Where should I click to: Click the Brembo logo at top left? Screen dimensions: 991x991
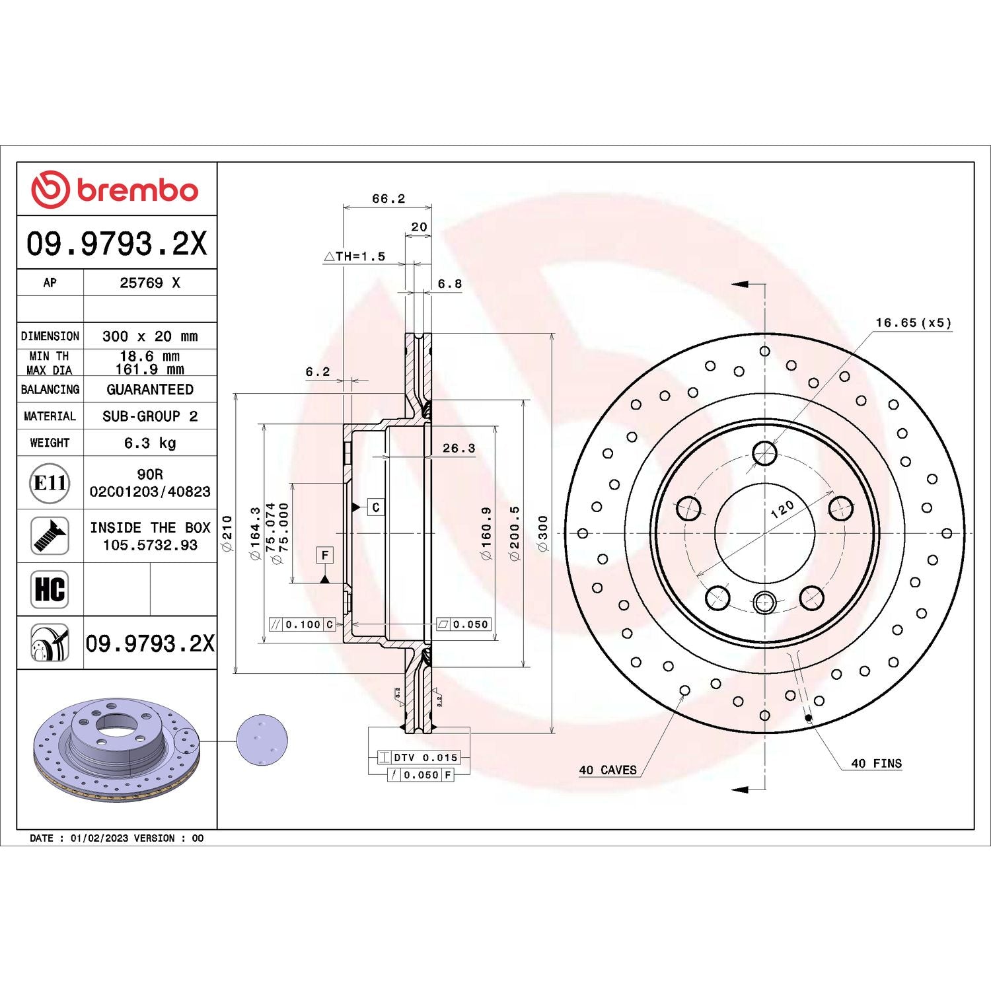[115, 190]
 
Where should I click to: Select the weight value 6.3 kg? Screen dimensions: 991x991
[150, 443]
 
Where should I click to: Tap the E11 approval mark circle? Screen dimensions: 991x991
[50, 483]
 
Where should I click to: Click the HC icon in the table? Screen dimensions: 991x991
[50, 589]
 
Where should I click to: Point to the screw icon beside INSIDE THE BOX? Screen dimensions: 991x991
[50, 536]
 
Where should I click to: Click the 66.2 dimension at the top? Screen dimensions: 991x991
[388, 198]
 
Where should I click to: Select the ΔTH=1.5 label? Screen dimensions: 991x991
[355, 256]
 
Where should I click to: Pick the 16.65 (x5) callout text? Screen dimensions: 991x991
[913, 322]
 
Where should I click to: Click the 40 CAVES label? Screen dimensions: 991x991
[608, 770]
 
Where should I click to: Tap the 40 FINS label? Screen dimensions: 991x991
[876, 763]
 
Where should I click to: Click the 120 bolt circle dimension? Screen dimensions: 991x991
[782, 509]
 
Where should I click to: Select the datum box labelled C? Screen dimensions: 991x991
[375, 507]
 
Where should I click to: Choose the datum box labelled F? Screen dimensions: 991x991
[324, 555]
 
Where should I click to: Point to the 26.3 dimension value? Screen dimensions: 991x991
[459, 448]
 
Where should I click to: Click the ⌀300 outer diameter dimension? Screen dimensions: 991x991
[542, 534]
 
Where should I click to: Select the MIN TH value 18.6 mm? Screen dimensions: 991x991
[150, 356]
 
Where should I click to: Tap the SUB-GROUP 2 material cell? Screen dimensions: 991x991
[150, 416]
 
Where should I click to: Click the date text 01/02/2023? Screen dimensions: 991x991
[99, 838]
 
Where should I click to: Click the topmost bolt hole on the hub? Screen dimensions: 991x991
[764, 454]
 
